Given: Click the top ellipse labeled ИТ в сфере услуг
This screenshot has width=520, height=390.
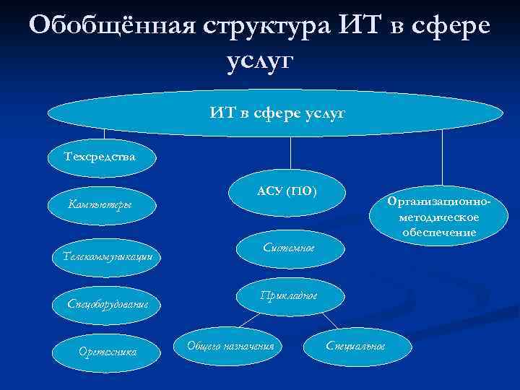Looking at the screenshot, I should click(x=274, y=113).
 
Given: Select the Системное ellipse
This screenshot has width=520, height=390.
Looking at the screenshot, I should click(x=287, y=248).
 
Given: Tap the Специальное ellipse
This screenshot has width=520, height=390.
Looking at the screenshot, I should click(x=355, y=345).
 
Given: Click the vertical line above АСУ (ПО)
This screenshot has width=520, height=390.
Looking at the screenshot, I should click(x=290, y=153).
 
